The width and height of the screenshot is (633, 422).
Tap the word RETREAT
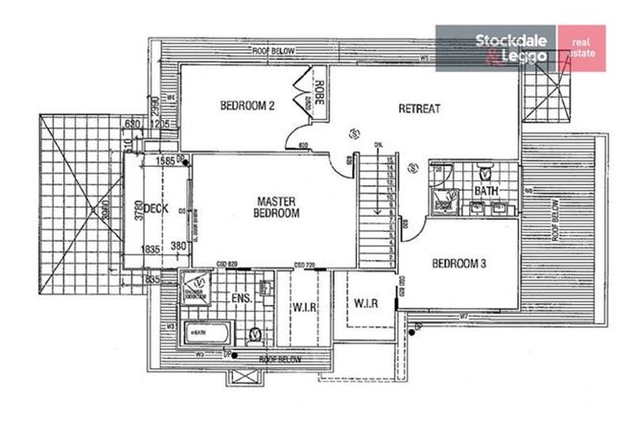click(x=419, y=108)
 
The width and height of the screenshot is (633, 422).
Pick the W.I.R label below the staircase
click(x=366, y=303)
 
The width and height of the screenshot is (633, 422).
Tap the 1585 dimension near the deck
click(x=165, y=160)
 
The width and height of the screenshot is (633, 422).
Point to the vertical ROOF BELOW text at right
click(x=556, y=218)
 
